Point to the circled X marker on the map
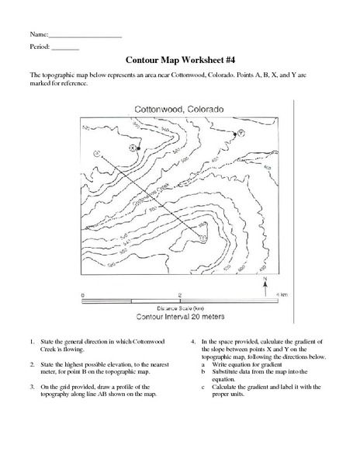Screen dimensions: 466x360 (x=133, y=148)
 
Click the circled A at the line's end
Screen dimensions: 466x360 (x=95, y=154)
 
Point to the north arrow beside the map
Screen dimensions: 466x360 (x=265, y=286)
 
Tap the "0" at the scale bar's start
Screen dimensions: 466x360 (x=82, y=295)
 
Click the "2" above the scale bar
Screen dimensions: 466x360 (x=180, y=295)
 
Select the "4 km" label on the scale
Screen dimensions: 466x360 (x=282, y=295)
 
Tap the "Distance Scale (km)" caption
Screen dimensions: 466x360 (x=179, y=308)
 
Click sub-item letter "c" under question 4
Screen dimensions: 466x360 (x=202, y=385)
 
